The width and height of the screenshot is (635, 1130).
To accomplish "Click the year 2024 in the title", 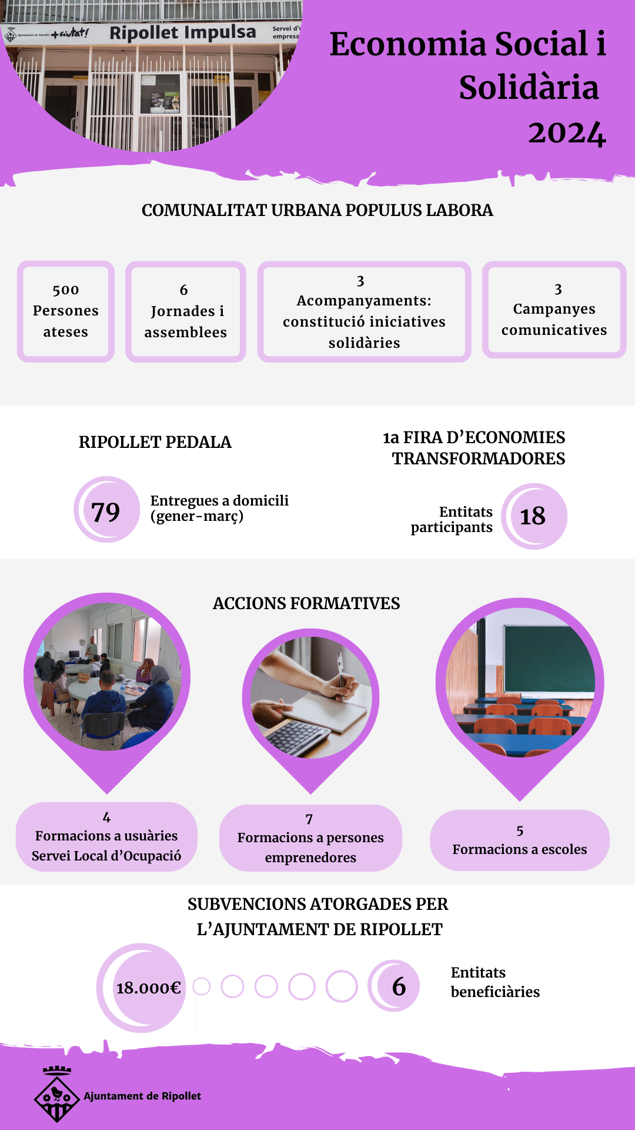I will click(566, 133).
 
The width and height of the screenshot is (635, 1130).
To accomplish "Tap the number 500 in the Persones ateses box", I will click(66, 290).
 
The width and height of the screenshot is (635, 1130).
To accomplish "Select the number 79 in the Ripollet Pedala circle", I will click(106, 511).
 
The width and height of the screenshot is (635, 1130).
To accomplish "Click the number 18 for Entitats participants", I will click(533, 516).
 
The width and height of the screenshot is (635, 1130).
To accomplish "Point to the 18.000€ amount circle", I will click(148, 988).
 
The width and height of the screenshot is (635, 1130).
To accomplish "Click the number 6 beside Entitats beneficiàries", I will click(399, 986).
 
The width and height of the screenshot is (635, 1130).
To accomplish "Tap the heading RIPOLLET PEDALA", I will click(155, 442).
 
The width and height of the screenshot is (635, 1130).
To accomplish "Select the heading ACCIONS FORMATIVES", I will click(306, 603).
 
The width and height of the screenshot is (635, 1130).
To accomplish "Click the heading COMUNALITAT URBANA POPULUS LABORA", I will click(317, 210).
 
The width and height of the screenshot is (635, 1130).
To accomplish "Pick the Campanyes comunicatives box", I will click(554, 310).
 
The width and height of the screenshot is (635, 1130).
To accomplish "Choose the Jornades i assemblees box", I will click(185, 311).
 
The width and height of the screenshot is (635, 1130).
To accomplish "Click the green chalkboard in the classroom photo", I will click(549, 658).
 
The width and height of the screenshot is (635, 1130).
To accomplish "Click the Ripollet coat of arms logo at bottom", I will click(56, 1095).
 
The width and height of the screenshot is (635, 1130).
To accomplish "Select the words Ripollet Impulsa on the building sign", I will click(183, 32).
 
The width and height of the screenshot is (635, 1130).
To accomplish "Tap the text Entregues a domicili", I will click(219, 500).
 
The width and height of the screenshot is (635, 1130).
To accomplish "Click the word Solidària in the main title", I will click(529, 88).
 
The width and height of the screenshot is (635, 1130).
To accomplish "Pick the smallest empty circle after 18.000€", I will click(201, 986).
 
